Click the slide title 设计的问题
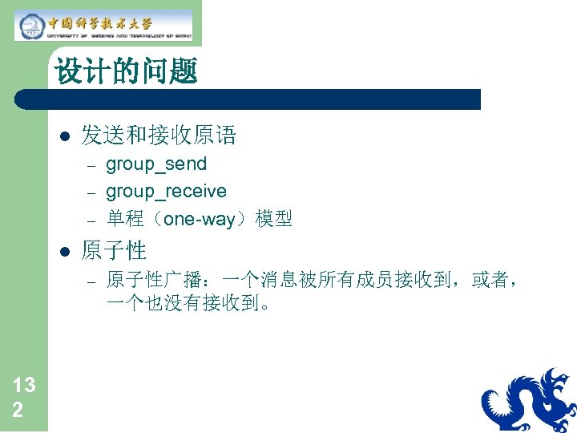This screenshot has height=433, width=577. [126, 72]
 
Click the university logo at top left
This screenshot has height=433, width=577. [103, 24]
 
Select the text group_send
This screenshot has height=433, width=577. [156, 164]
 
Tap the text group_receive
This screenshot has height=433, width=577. [166, 192]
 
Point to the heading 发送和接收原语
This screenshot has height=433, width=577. [159, 136]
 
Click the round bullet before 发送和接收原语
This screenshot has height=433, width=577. [65, 136]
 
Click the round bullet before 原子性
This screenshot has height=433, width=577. [65, 251]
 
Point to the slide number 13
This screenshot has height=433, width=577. [24, 386]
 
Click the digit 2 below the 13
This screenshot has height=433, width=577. [17, 411]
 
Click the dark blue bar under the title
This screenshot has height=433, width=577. [248, 99]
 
